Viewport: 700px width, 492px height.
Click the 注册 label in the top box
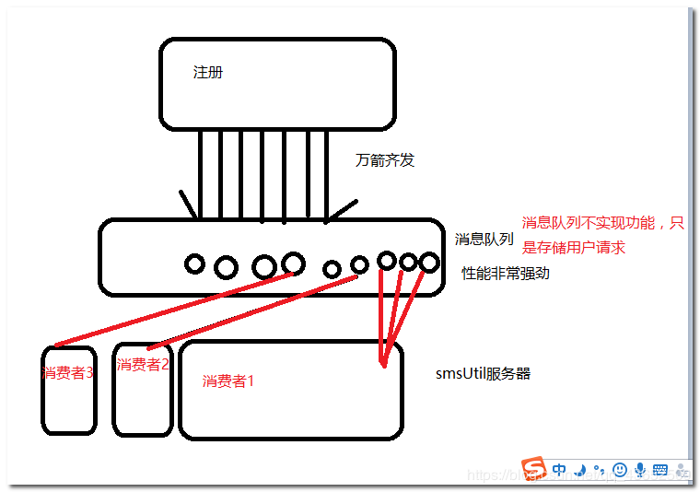[207, 72]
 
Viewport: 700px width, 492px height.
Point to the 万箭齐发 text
[385, 160]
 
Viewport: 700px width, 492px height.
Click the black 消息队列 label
[484, 239]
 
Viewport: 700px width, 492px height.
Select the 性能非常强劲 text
[506, 273]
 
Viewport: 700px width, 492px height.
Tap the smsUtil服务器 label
[483, 374]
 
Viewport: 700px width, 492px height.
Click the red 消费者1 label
[227, 381]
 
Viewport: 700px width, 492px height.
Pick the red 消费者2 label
[143, 364]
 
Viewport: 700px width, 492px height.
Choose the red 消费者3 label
[67, 373]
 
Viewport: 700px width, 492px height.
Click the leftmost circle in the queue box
[194, 264]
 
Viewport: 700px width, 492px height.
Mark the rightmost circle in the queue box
[428, 263]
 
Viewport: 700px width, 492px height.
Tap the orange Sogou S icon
[533, 469]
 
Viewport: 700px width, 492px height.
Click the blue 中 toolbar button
[559, 469]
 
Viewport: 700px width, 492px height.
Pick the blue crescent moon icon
[579, 470]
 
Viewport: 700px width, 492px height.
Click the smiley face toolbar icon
[620, 470]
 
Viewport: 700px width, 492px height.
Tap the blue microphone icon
[639, 470]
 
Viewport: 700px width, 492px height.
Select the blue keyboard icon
[659, 470]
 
